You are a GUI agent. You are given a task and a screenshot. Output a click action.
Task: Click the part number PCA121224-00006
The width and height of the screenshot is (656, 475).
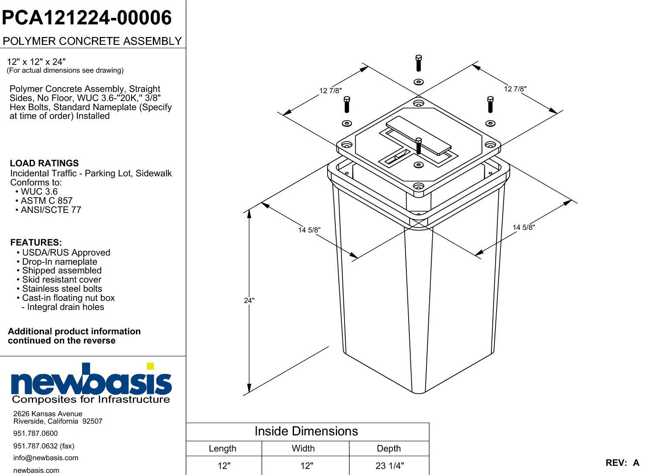coord(87,18)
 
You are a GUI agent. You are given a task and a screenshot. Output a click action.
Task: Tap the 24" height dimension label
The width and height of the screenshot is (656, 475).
coord(249,300)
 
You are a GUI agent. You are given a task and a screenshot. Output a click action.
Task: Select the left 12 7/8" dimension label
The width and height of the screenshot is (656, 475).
coord(330,91)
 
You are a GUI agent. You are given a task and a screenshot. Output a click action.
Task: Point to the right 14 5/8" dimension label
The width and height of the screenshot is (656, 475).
coord(524,227)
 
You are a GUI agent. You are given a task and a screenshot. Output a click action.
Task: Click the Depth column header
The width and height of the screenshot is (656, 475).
coord(389,448)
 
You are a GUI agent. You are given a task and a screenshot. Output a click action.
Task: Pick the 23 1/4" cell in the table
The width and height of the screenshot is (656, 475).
coord(389,465)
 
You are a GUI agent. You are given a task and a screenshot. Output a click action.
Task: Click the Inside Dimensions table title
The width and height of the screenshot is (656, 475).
coord(306,431)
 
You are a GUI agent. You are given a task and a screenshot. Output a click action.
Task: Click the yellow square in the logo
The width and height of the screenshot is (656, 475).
coord(150,366)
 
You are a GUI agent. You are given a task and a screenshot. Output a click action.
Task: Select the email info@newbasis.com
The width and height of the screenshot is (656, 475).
coord(46,458)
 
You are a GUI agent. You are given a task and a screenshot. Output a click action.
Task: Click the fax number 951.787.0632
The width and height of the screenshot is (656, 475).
coord(35,446)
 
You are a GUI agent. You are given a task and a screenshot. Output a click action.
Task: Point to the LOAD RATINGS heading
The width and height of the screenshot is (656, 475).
coord(44,163)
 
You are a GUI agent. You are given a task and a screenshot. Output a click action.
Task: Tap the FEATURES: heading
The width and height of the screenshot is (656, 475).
coord(36,243)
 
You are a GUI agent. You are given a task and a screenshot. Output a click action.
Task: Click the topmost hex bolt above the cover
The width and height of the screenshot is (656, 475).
coord(419,63)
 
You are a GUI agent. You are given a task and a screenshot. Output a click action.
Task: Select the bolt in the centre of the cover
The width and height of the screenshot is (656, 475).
coord(419,146)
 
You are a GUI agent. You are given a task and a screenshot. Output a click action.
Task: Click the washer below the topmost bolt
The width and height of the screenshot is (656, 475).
coord(419,82)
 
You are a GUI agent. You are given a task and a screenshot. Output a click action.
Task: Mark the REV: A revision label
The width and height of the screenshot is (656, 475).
coord(622,463)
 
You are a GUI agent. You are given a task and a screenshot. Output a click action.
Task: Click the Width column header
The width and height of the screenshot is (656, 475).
coord(303,448)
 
